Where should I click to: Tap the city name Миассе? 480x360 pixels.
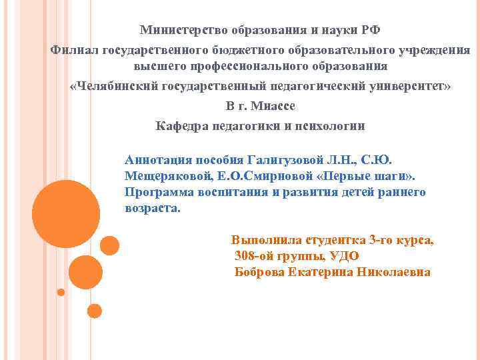click(x=273, y=106)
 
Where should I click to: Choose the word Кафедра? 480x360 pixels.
click(x=180, y=125)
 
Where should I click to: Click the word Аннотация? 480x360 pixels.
click(x=157, y=161)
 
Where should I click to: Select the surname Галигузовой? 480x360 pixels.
click(x=287, y=161)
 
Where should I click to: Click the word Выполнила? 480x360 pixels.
click(x=265, y=240)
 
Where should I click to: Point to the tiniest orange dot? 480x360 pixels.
click(x=61, y=292)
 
